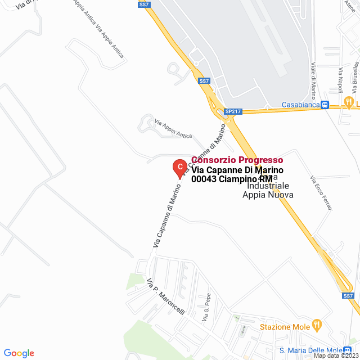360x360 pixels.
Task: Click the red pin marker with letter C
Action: coord(179,168)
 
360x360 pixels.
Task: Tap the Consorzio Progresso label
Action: coord(237,160)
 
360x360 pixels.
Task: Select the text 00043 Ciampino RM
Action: coord(231,179)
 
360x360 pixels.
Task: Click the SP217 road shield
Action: coord(232,111)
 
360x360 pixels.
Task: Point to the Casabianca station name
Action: coord(300,105)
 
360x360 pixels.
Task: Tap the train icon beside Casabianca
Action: coord(325,105)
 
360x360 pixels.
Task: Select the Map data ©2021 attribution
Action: coord(336,355)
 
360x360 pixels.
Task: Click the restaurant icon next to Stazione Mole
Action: coord(317,325)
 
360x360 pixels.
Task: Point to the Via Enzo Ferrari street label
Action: coord(321,192)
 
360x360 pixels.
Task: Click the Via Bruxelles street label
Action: coord(355,71)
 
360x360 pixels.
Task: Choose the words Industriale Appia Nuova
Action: coord(268,190)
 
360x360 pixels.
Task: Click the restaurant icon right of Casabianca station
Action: coord(349,103)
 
